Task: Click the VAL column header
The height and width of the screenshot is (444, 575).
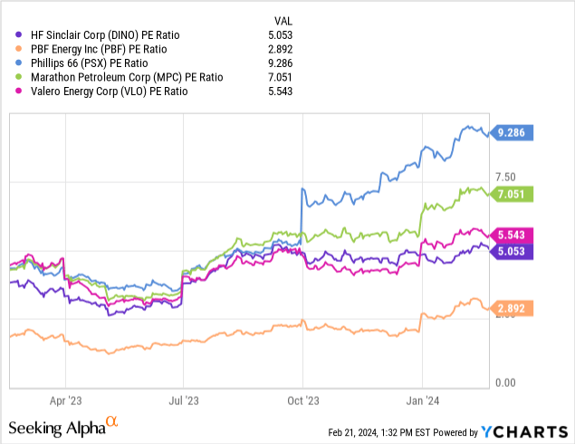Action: [x=285, y=20]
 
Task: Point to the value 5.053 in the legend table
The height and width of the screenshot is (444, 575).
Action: [x=287, y=34]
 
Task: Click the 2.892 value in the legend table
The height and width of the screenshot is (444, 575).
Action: [x=287, y=49]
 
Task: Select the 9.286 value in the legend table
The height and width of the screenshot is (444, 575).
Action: [x=287, y=63]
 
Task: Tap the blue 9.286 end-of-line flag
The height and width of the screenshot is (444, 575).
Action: [x=513, y=132]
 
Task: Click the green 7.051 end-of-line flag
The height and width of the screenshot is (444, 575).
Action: [x=513, y=193]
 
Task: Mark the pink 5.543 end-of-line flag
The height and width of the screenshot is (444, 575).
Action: [x=513, y=235]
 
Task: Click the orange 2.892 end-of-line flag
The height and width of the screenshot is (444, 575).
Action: [x=513, y=309]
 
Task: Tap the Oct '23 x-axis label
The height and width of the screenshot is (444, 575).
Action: [x=304, y=399]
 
